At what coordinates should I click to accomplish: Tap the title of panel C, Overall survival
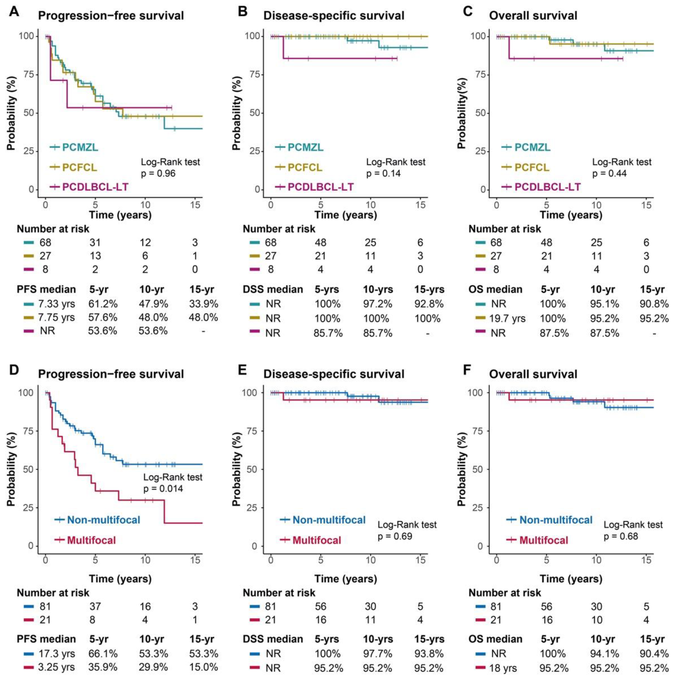click(x=533, y=16)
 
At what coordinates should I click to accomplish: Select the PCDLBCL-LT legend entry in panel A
click(x=95, y=187)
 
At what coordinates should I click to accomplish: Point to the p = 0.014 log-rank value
click(x=163, y=489)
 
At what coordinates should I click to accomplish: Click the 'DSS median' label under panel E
click(x=273, y=639)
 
